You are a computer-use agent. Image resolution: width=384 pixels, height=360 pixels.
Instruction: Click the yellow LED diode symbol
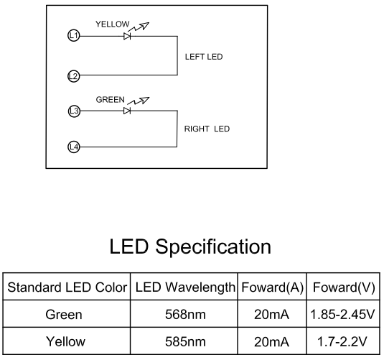pyautogui.click(x=127, y=37)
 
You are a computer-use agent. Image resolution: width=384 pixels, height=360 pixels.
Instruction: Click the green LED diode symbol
pyautogui.click(x=127, y=111)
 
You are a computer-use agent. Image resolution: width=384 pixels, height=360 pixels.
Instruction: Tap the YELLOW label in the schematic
pyautogui.click(x=113, y=24)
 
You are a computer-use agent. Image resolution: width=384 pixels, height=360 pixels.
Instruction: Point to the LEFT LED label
pyautogui.click(x=204, y=57)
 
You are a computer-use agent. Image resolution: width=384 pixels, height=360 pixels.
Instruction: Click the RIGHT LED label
pyautogui.click(x=207, y=129)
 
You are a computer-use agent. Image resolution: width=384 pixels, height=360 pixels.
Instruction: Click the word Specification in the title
pyautogui.click(x=213, y=247)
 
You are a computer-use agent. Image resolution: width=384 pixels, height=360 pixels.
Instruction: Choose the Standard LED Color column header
pyautogui.click(x=67, y=287)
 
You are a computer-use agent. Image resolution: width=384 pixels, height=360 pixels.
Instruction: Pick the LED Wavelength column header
pyautogui.click(x=185, y=287)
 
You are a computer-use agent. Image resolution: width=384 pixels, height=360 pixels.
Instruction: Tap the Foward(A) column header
pyautogui.click(x=273, y=287)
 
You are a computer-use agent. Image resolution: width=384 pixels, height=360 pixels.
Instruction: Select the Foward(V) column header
pyautogui.click(x=344, y=287)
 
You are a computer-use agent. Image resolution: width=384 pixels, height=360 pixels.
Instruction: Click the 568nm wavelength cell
pyautogui.click(x=185, y=315)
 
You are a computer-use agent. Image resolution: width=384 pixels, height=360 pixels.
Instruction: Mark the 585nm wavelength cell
pyautogui.click(x=185, y=341)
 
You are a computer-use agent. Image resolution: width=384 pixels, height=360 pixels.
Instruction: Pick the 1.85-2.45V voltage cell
pyautogui.click(x=342, y=315)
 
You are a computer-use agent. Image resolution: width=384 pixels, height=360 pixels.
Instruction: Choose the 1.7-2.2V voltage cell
pyautogui.click(x=342, y=341)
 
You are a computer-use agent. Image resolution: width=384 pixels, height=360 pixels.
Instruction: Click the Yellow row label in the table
pyautogui.click(x=65, y=341)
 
